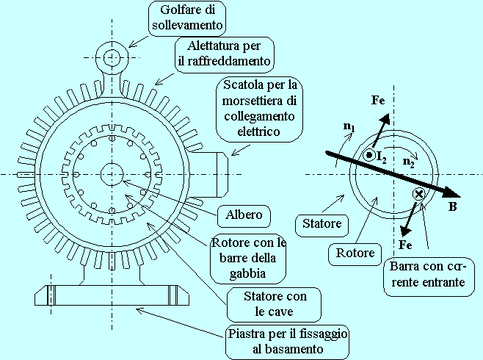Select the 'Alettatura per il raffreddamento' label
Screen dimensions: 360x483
tap(224, 54)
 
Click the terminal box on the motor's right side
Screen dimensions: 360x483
tap(214, 174)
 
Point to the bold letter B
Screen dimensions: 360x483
tap(453, 208)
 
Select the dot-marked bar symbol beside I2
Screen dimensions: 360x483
tap(368, 155)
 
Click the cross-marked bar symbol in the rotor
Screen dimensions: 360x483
tap(419, 194)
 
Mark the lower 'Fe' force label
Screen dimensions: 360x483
tap(404, 242)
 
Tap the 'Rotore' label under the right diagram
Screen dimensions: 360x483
tap(355, 253)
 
